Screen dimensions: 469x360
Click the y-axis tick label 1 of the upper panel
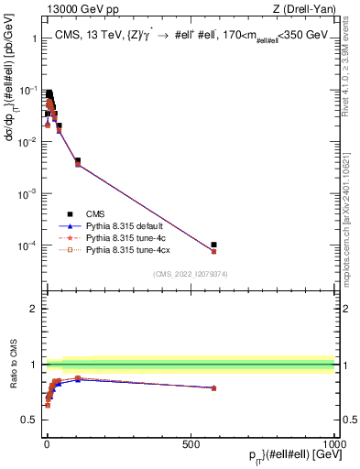pyautogui.click(x=34, y=38)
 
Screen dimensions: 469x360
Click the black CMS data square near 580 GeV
pyautogui.click(x=213, y=245)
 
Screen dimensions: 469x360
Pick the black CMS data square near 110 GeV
pyautogui.click(x=78, y=161)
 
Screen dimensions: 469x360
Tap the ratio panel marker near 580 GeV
pyautogui.click(x=213, y=388)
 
